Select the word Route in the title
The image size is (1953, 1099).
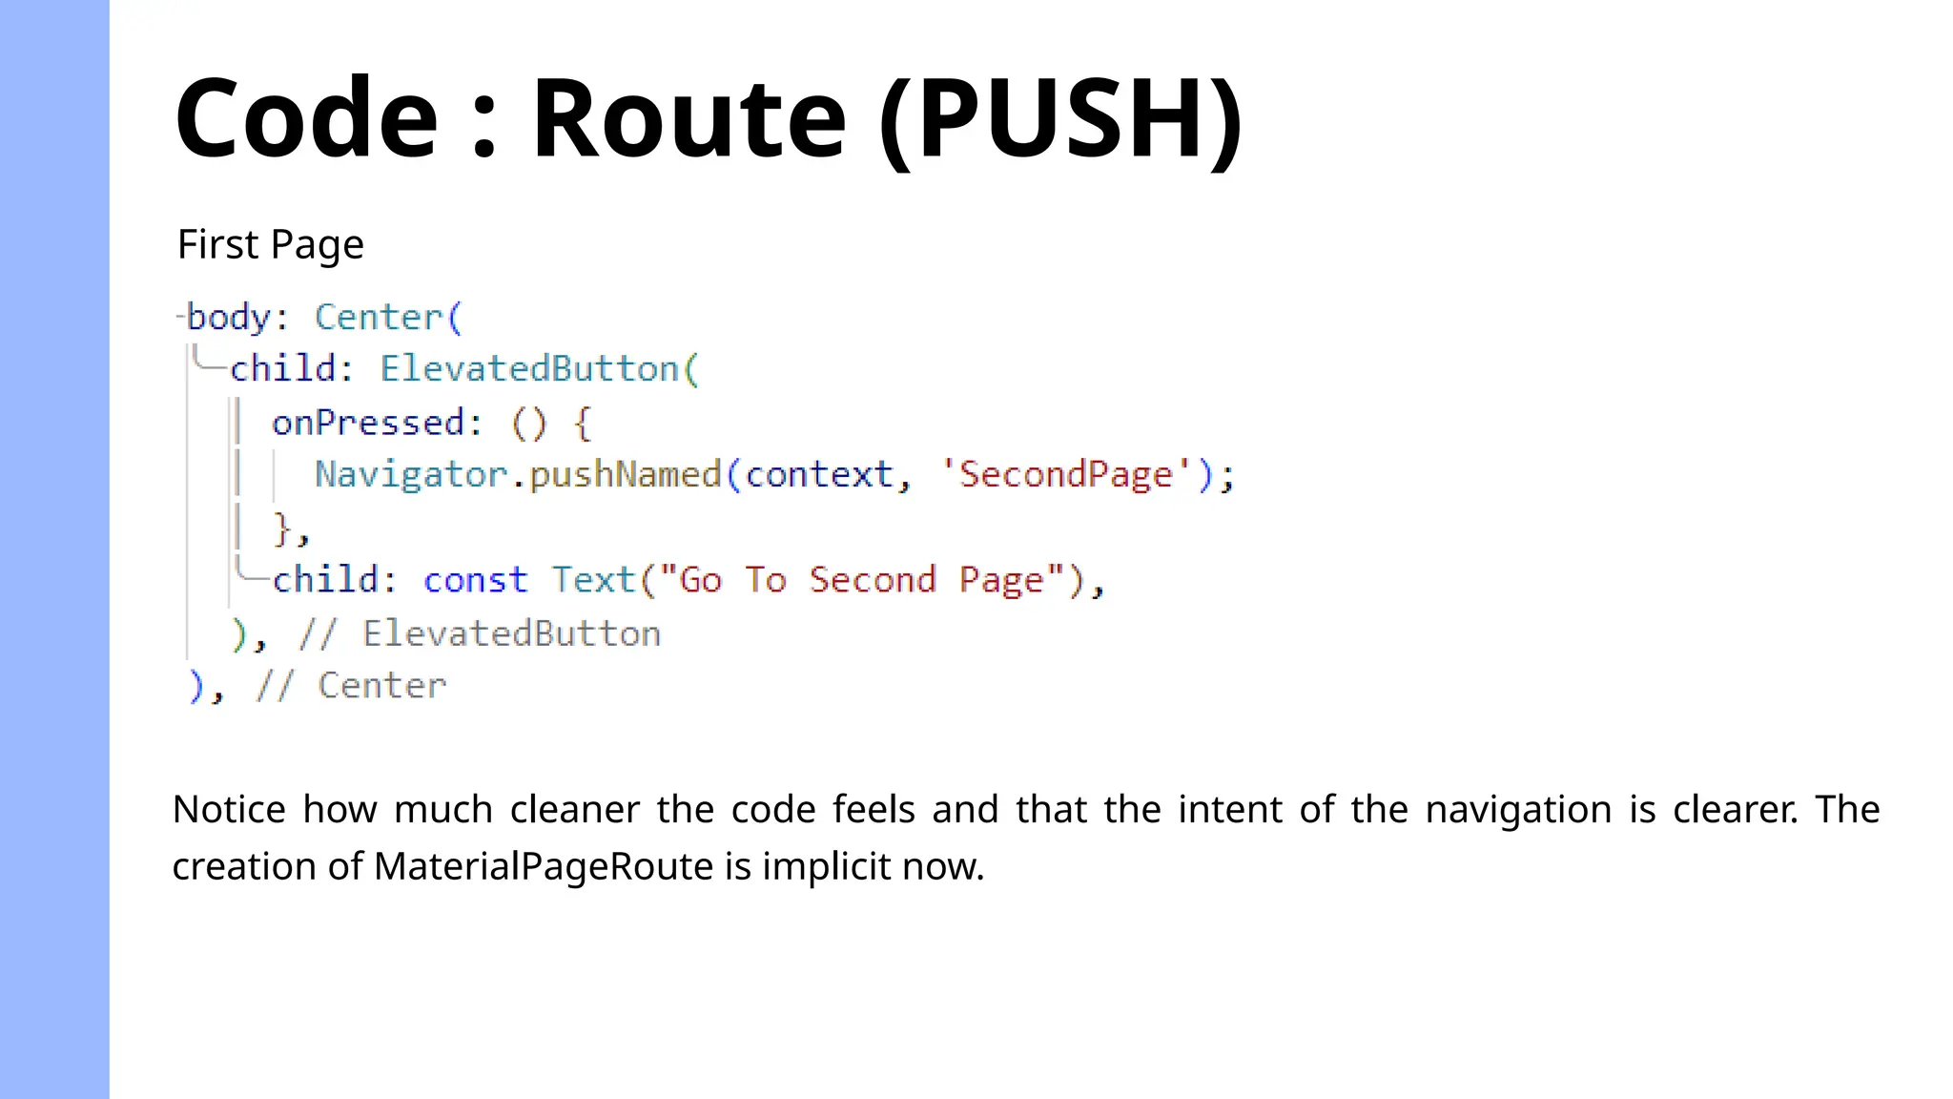click(689, 119)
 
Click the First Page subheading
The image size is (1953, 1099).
click(271, 245)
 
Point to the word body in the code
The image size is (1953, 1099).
click(229, 318)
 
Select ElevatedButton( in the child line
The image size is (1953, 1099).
click(540, 369)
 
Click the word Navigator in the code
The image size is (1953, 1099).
click(411, 475)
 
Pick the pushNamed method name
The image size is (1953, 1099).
click(626, 475)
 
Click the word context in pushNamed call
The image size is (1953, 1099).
click(819, 475)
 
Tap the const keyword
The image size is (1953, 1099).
click(475, 580)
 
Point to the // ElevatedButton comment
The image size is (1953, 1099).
click(480, 634)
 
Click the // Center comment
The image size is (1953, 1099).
click(351, 686)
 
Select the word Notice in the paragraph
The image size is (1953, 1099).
click(229, 810)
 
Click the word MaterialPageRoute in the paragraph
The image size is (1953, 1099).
click(544, 867)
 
